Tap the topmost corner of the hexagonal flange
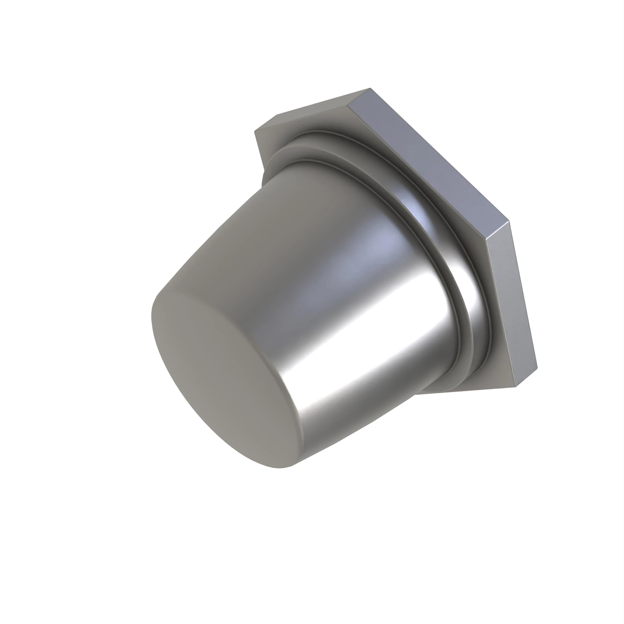[370, 88]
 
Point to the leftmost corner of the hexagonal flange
[254, 130]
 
